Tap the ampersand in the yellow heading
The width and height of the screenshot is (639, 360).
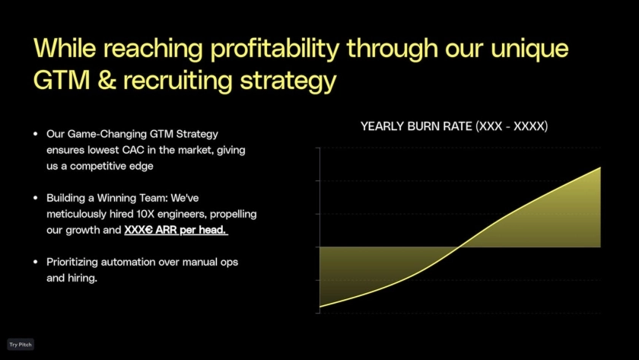coord(106,79)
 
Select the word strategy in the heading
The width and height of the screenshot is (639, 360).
coord(288,81)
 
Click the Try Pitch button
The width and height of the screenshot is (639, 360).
coord(21,345)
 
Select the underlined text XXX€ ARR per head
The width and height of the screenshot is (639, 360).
coord(176,230)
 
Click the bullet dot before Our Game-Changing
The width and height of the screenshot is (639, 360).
coord(36,134)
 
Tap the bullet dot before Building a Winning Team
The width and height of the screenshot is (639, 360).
coord(36,198)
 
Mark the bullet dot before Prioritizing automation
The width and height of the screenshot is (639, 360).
coord(36,262)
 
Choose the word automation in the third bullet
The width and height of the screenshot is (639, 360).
coord(128,262)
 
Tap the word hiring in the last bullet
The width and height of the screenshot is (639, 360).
coord(82,279)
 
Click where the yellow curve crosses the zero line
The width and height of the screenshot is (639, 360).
coord(459,247)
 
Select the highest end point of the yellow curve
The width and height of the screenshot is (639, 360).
coord(600,167)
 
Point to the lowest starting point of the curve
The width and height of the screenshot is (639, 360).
coord(320,307)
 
